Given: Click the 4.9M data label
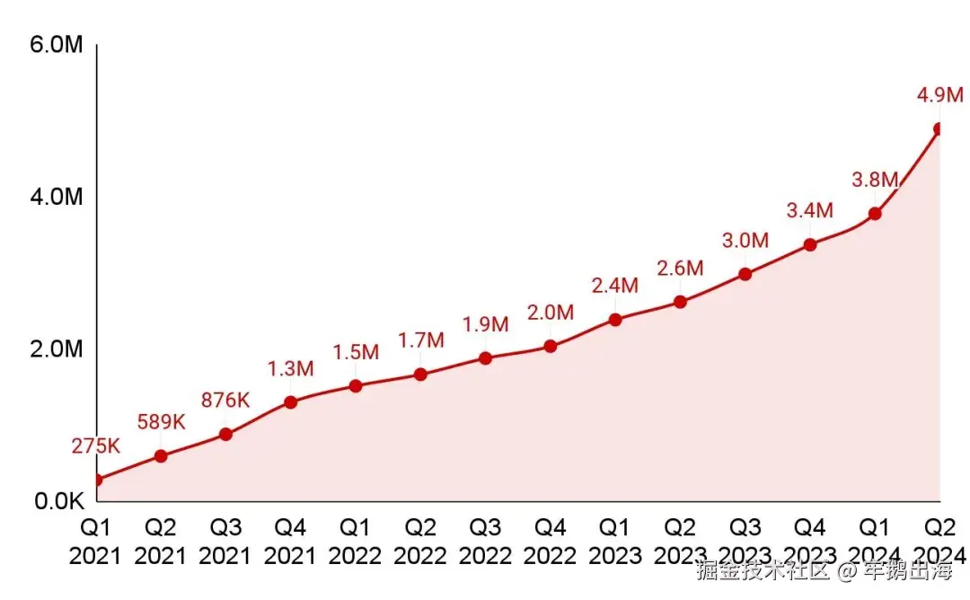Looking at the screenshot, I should tap(939, 94).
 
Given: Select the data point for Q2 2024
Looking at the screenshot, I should tap(939, 129).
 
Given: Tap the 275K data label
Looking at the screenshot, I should tap(96, 446).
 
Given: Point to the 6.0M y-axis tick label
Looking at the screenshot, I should tap(57, 44).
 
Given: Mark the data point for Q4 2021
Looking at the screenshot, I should tap(290, 401).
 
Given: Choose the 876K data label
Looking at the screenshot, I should tap(225, 400).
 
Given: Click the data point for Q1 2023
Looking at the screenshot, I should tap(615, 319).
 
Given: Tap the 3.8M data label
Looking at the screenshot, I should tap(875, 180).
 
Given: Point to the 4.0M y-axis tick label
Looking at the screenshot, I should tap(57, 196).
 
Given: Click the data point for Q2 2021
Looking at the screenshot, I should tap(161, 455).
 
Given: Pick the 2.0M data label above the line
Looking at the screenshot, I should tap(550, 313).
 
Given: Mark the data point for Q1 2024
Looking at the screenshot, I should tap(875, 214).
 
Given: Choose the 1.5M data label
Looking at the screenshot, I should tap(356, 352).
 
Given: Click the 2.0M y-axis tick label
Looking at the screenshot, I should tap(57, 348).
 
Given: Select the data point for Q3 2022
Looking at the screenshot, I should tap(485, 357).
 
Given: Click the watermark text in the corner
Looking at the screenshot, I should tap(824, 571).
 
